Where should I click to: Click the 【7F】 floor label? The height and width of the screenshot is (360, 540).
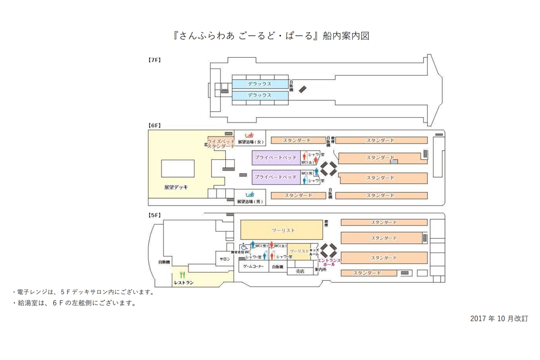coord(154,60)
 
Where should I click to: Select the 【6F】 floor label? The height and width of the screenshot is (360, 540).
coord(154,126)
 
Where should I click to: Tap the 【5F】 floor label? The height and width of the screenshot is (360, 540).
coord(154,215)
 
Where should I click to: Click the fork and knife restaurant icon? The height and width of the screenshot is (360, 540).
coord(183,275)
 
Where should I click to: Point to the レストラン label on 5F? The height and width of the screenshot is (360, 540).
coord(184,282)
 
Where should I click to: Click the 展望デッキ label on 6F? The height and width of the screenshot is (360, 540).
coord(176,187)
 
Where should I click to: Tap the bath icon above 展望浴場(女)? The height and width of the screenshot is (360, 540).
coord(249,135)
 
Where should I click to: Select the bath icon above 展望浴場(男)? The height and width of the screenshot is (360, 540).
coord(249,195)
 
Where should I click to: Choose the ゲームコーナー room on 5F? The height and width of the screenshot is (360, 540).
coord(253,267)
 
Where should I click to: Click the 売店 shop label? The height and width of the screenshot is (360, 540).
coord(300,271)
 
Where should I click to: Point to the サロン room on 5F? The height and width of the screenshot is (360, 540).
coord(225,259)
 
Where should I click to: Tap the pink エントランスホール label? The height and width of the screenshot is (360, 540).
coord(329,262)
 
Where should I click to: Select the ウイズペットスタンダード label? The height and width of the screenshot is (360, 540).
coord(221,144)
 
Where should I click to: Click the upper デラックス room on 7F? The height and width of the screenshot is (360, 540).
coord(260,84)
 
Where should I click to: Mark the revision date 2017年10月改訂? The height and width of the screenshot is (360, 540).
coord(498,318)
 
